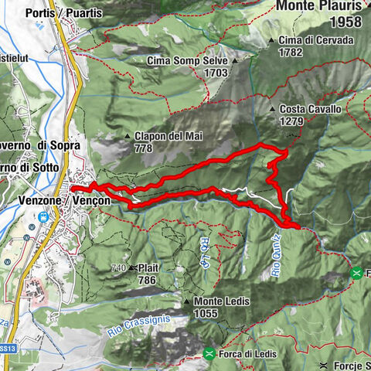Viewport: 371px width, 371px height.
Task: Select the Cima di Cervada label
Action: point(317,40)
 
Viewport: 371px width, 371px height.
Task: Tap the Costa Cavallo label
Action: point(311,109)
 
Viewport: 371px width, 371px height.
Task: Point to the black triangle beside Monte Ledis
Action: point(187,302)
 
